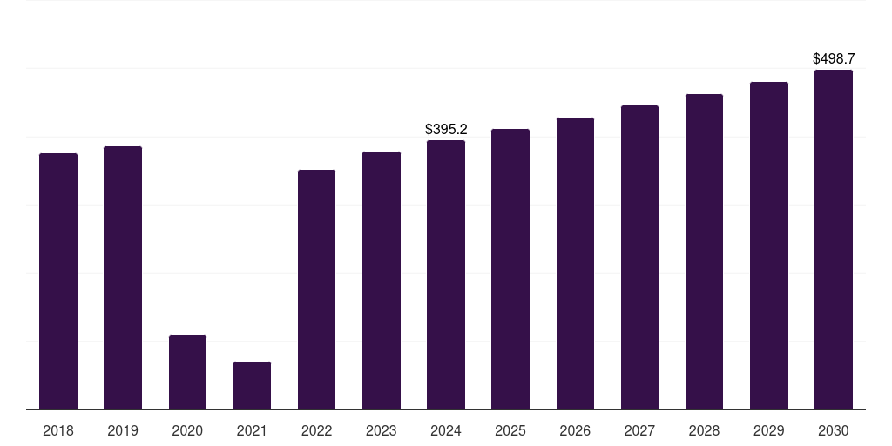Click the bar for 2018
58,281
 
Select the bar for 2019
123,278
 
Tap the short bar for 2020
187,372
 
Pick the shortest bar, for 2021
252,385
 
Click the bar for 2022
316,289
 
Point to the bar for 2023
382,280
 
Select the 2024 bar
446,274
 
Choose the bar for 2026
575,263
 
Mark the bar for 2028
704,252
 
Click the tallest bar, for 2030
834,240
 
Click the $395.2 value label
446,130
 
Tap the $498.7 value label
834,59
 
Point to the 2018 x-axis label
58,430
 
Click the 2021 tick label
252,430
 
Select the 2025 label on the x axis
510,430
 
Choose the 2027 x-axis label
639,430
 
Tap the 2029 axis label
768,430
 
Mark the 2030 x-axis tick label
834,430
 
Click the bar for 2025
510,269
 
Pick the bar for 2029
768,246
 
